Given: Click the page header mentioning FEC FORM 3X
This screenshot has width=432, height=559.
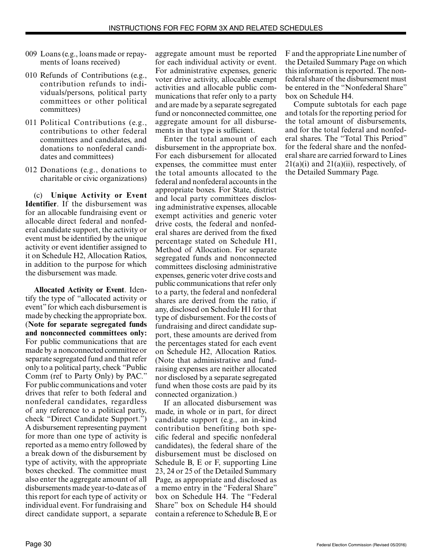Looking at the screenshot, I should (216, 28).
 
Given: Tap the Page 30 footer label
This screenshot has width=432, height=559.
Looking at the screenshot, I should (38, 544).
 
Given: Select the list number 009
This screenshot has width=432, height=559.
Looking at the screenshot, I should (31, 54).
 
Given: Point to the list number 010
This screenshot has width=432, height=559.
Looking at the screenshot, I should (31, 75).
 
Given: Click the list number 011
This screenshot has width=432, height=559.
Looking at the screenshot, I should (31, 123).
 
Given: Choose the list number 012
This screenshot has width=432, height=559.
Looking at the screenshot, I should (31, 170).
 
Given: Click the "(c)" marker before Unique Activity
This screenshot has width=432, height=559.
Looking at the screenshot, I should (38, 196).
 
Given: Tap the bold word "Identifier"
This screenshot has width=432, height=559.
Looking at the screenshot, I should (41, 204).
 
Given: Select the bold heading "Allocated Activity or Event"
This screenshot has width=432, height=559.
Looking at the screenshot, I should (79, 290).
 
